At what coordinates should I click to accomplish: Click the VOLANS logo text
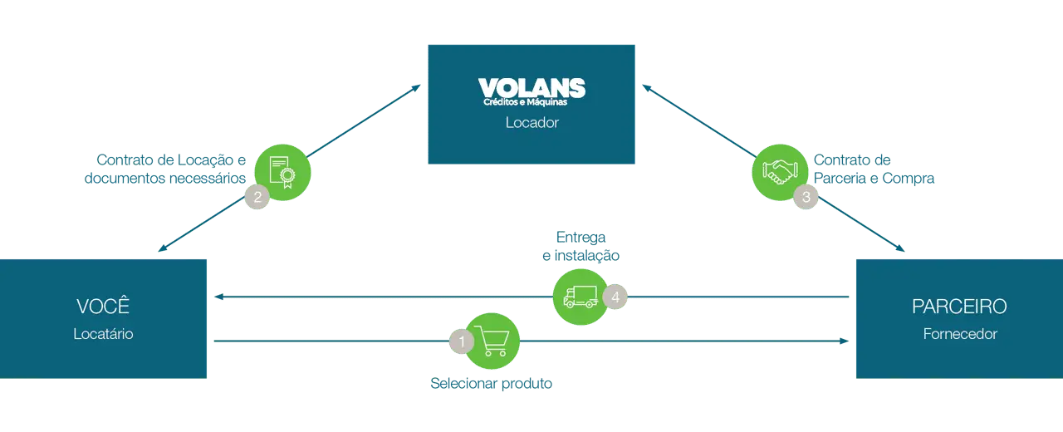pos(531,87)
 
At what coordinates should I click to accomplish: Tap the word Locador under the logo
pos(531,123)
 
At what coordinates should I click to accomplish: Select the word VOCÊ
pos(103,306)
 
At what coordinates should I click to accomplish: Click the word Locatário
pos(103,334)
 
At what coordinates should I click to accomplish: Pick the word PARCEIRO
pos(959,307)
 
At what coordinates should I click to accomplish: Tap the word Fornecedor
pos(959,334)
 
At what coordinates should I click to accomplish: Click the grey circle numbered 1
pos(461,341)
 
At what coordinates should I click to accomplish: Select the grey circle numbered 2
pos(257,197)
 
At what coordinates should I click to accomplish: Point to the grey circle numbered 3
pos(806,197)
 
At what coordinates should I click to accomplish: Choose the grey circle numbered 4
pos(615,297)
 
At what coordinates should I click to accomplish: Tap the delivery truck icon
pos(580,297)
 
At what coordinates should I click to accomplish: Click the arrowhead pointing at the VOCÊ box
pos(218,297)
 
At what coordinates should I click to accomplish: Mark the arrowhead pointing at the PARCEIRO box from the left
pos(845,341)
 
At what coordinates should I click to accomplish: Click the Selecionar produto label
pos(492,385)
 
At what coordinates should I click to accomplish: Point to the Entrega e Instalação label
pos(580,248)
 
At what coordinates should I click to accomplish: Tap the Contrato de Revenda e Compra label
pos(874,169)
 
